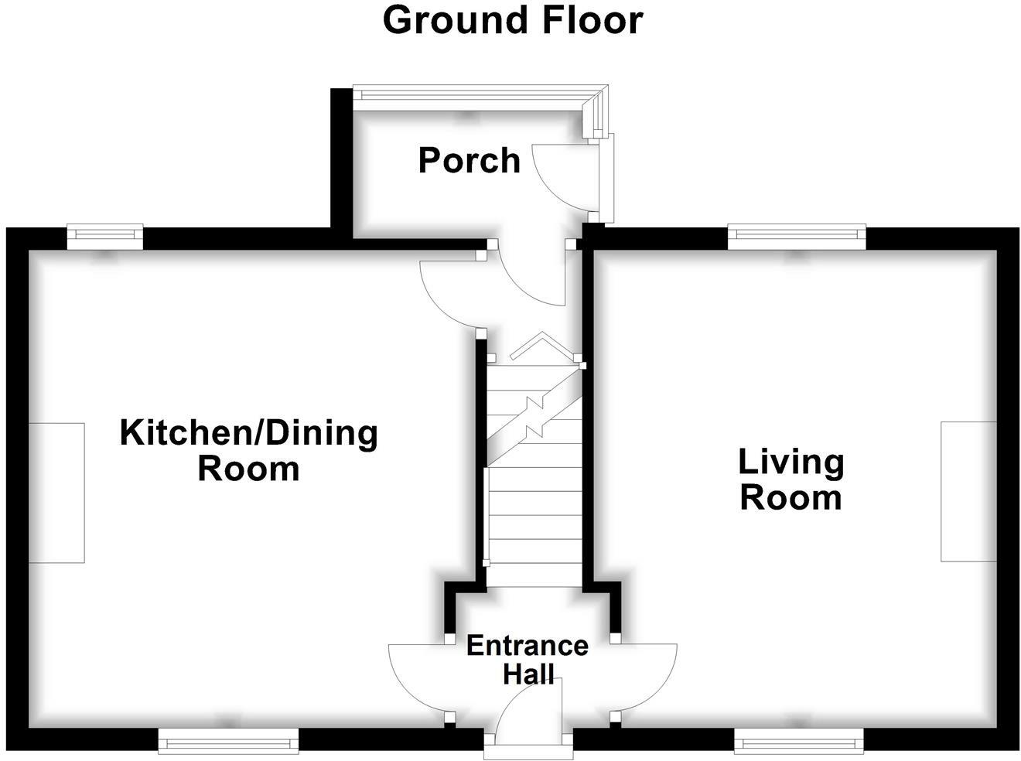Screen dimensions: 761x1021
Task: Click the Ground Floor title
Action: point(512,20)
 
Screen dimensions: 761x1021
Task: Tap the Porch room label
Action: point(469,160)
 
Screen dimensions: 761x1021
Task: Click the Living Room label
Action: point(791,479)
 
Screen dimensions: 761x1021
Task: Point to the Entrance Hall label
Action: point(528,659)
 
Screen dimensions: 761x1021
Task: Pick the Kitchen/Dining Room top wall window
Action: point(105,235)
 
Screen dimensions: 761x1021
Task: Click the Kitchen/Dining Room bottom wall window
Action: point(228,743)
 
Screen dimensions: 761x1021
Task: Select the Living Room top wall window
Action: point(797,235)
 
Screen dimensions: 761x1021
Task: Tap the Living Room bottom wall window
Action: point(798,743)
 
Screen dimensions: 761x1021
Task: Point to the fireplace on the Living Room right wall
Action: point(968,491)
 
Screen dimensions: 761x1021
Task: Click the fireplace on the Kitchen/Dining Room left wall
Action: point(56,493)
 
